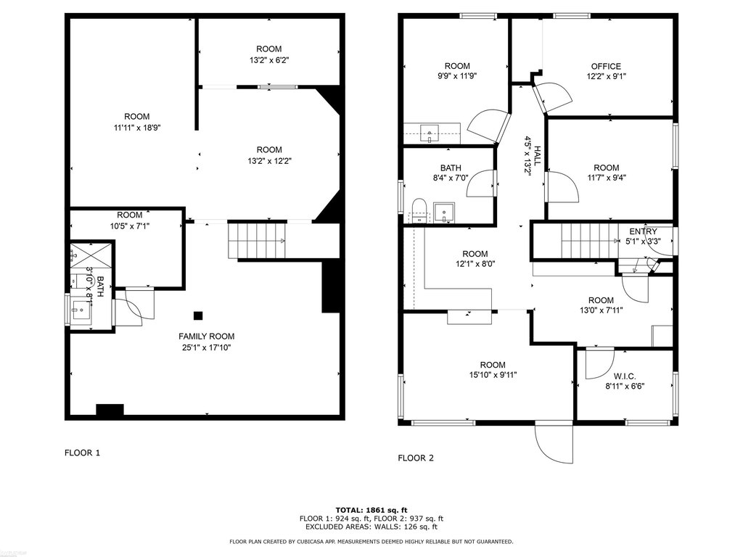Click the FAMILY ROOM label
(x=206, y=337)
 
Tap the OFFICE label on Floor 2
(x=606, y=66)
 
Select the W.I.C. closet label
(x=625, y=376)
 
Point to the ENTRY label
(x=643, y=231)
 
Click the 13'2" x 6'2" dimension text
(x=269, y=60)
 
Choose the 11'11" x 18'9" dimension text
(x=137, y=128)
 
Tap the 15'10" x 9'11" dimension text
(x=493, y=375)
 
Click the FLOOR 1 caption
(x=83, y=453)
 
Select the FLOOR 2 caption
(x=416, y=458)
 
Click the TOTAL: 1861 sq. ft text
(x=371, y=510)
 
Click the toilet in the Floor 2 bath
(x=419, y=210)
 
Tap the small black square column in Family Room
(x=198, y=315)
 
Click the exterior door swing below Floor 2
(x=554, y=443)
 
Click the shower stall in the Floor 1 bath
(x=91, y=256)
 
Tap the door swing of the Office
(x=552, y=98)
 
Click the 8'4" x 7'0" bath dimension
(x=450, y=178)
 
